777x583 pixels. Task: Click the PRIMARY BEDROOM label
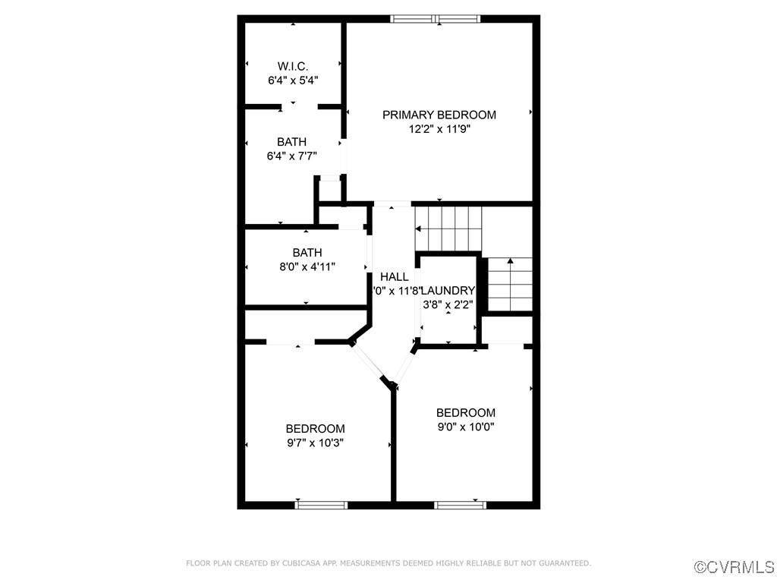coord(439,115)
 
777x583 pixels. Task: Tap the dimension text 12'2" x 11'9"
coord(439,129)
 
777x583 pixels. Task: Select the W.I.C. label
coord(292,65)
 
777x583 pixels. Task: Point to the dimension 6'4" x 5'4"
coord(292,79)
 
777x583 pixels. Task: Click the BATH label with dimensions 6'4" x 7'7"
coord(291,142)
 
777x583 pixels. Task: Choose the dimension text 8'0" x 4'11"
coord(307,266)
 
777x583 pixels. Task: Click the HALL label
coord(394,277)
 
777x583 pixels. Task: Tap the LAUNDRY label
coord(448,291)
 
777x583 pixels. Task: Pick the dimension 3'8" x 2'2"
coord(448,304)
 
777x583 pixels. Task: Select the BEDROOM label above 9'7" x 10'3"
coord(315,429)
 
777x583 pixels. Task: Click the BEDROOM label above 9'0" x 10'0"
coord(465,413)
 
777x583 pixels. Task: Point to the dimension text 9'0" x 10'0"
coord(465,427)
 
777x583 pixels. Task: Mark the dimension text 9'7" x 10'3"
coord(315,443)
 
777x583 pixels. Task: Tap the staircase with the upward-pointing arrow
coord(509,284)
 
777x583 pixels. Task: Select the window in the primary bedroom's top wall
coord(436,19)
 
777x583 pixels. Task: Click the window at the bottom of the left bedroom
coord(321,504)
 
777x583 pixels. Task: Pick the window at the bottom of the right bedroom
coord(460,504)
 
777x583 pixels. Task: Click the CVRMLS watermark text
coord(735,567)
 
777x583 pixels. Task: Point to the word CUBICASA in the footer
coord(300,563)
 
